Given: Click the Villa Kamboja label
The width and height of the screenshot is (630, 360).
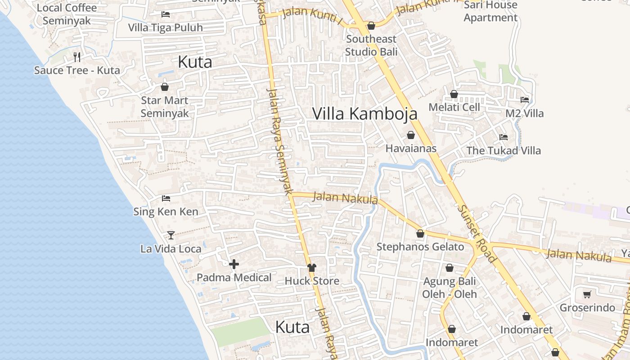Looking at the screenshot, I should (364, 114).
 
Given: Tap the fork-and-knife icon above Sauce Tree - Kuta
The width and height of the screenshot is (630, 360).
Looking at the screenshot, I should (77, 57).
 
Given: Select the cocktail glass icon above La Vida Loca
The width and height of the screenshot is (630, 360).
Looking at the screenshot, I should (171, 235).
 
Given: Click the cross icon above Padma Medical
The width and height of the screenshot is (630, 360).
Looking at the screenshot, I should (234, 264).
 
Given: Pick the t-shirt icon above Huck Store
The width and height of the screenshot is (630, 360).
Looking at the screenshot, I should (311, 268).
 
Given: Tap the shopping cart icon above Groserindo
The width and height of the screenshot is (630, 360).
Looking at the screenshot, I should (587, 295).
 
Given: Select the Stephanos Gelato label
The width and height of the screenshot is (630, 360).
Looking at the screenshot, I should (420, 247).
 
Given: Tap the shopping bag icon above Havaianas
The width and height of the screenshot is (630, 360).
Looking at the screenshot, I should (410, 135).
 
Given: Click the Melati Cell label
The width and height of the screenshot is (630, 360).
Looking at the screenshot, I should (454, 107).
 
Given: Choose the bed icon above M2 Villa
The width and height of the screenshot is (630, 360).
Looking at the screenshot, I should (524, 100).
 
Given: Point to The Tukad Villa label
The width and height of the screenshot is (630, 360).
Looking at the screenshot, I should (503, 150).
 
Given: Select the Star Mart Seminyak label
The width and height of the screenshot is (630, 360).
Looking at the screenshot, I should (164, 107).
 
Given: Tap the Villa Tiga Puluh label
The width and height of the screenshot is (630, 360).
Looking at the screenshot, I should (165, 27).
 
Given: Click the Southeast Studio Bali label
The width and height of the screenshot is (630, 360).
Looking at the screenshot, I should (371, 45).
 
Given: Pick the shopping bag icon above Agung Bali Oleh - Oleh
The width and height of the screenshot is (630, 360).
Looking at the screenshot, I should (449, 268).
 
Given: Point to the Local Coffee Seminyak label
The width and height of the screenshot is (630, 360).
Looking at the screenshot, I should (67, 14).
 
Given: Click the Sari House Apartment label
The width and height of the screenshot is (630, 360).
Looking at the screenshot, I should (490, 11).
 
